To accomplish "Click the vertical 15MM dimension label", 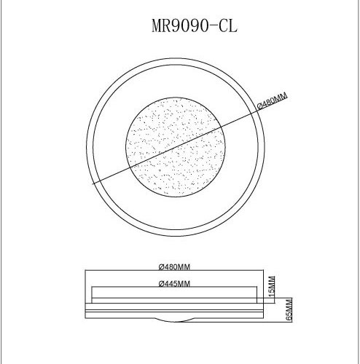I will (271, 285).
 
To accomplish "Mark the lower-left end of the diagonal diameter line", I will (93, 186).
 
